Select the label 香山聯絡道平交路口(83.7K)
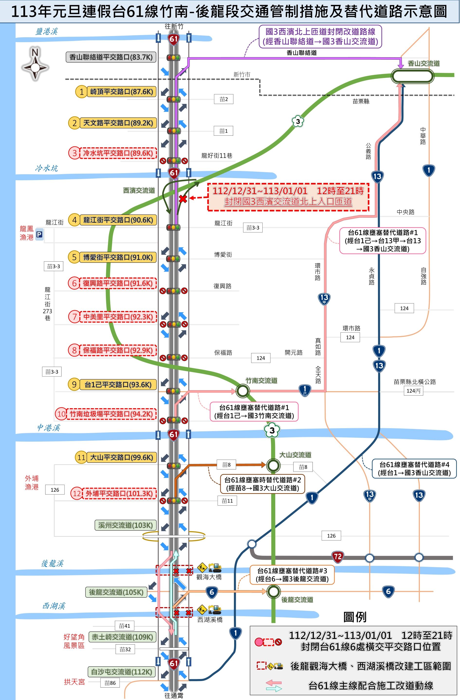pos(111,57)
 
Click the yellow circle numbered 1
pos(82,92)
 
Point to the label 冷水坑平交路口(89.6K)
pos(118,153)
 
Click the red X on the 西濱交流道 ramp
pos(183,199)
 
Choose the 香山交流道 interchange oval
pos(412,76)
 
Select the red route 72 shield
pos(337,556)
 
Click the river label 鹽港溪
pos(46,31)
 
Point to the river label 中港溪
pos(48,428)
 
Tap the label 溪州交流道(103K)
pos(126,525)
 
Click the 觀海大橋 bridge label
pos(209,577)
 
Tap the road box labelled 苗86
pos(110,683)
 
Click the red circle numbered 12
pos(77,493)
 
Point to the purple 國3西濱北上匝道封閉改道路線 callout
pos(320,37)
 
